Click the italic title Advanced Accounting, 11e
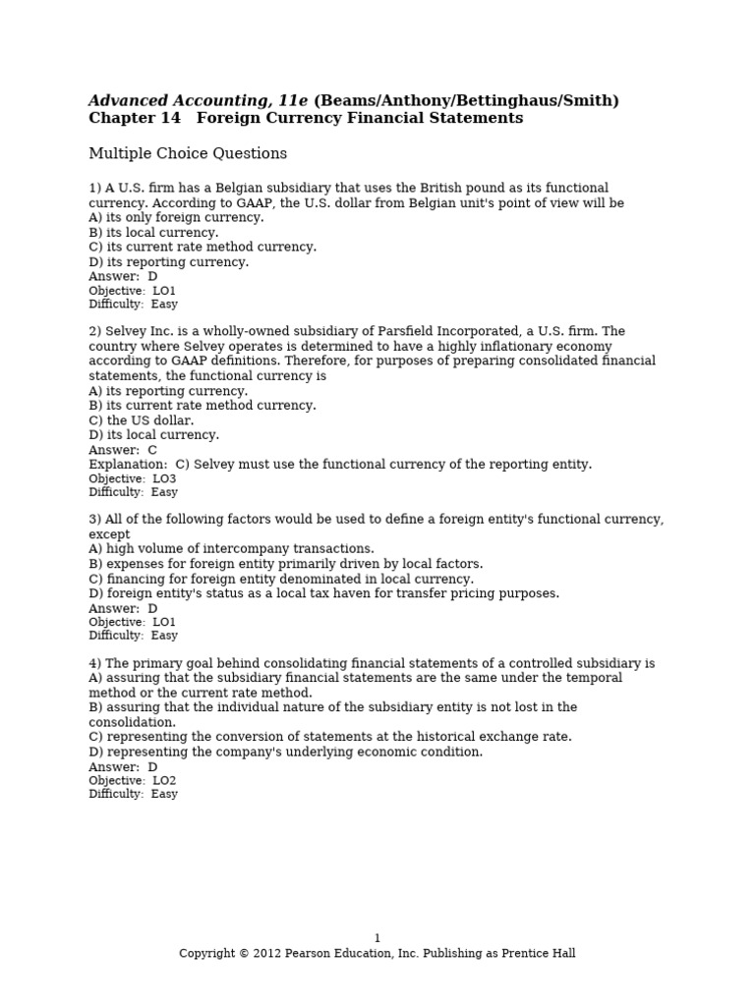[199, 101]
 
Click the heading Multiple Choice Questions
[188, 154]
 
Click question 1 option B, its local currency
[153, 233]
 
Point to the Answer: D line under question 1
[123, 277]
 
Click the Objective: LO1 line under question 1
[132, 291]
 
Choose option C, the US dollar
[141, 420]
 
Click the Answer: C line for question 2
[123, 450]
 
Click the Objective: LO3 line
[132, 478]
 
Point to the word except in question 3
[109, 534]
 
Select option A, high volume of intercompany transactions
[231, 549]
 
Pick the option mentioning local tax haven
[323, 593]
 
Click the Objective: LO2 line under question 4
[132, 781]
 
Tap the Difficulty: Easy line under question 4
[133, 794]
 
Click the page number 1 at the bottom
[377, 938]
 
